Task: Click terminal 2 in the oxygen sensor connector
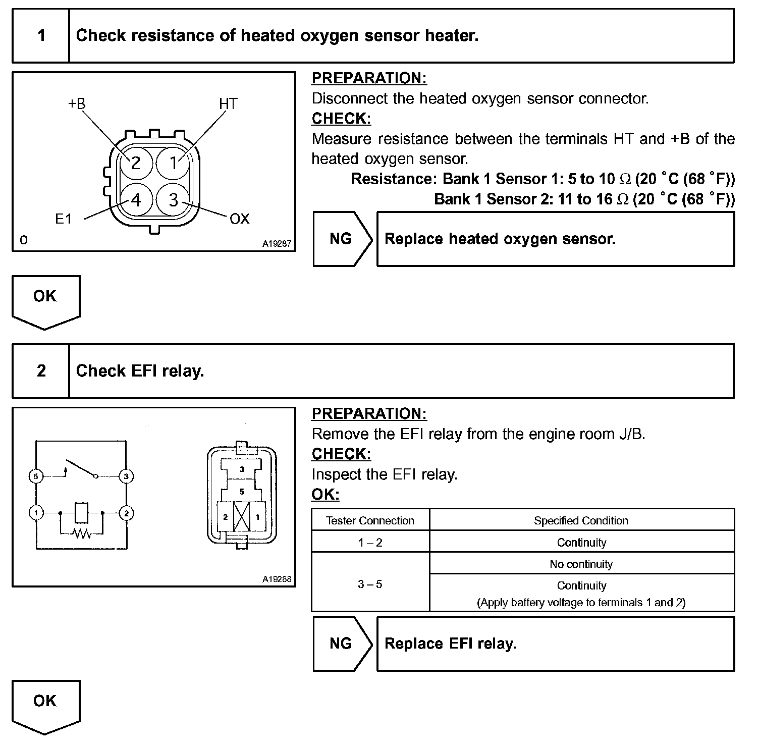(135, 163)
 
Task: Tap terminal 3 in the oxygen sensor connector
(173, 200)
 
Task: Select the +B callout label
(77, 103)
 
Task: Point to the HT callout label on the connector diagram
(228, 103)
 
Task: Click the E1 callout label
(64, 219)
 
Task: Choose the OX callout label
(239, 219)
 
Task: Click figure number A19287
(277, 244)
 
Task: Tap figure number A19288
(277, 579)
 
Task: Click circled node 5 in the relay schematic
(36, 476)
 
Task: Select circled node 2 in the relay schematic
(126, 513)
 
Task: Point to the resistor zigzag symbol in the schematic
(81, 532)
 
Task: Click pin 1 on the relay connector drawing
(258, 517)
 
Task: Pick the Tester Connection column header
(370, 520)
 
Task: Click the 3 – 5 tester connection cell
(370, 584)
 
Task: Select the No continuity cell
(581, 564)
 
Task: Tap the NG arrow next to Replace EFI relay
(342, 644)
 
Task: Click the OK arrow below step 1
(45, 300)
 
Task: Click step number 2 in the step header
(41, 371)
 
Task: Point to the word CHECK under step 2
(341, 454)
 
